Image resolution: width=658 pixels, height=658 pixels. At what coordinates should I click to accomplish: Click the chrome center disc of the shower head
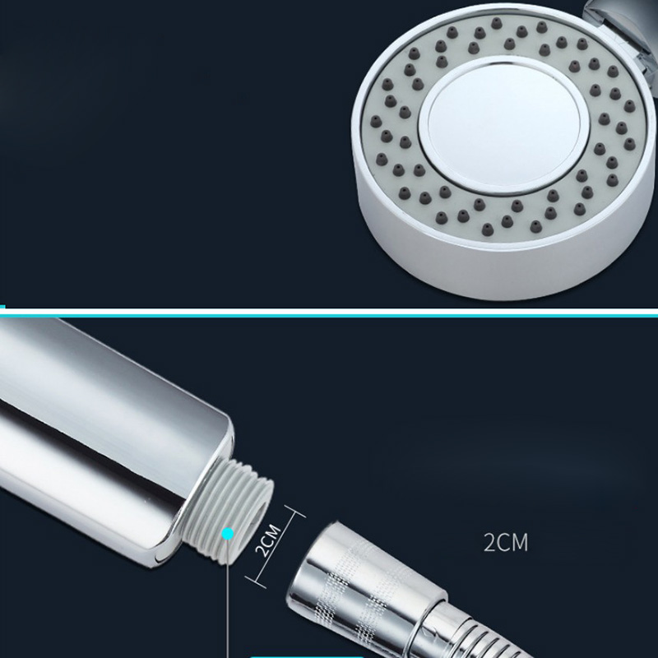click(x=504, y=125)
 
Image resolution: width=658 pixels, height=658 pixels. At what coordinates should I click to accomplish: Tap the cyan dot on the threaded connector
click(x=228, y=534)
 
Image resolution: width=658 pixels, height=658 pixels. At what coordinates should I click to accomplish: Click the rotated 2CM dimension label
click(x=268, y=541)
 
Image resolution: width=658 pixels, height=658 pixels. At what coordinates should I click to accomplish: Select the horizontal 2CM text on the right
click(x=506, y=542)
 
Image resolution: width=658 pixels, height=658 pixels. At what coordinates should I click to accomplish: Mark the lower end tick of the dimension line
click(x=256, y=582)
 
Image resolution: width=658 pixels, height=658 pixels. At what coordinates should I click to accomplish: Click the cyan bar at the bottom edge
click(x=307, y=656)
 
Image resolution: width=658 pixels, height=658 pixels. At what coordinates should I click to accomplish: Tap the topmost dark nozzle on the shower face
click(x=496, y=23)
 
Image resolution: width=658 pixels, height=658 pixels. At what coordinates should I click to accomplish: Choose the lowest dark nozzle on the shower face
click(x=487, y=229)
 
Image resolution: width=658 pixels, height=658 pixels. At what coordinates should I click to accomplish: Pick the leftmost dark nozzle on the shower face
click(x=376, y=122)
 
